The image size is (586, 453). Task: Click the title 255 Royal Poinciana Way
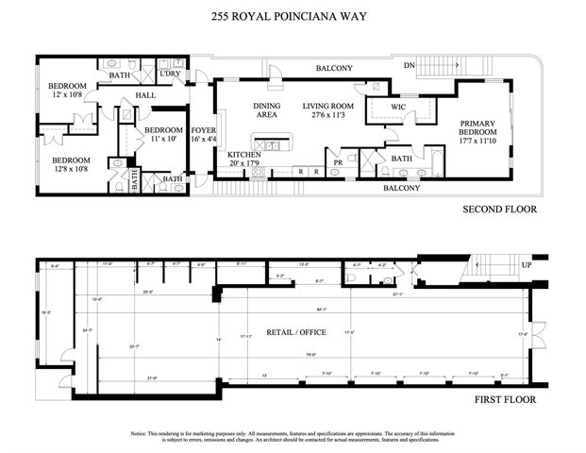[293, 15]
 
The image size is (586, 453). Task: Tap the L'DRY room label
[171, 73]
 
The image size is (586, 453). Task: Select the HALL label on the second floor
[145, 94]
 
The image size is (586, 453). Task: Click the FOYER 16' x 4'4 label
[203, 134]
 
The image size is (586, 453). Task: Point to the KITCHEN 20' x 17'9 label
[244, 159]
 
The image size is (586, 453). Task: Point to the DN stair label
[408, 65]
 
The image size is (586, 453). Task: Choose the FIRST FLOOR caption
[506, 399]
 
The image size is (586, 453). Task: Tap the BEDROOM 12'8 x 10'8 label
[71, 165]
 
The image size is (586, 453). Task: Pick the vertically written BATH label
[134, 178]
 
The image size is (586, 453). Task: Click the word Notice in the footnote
[141, 433]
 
